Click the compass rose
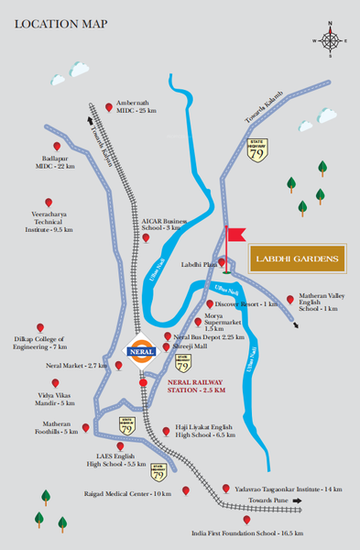pyautogui.click(x=330, y=39)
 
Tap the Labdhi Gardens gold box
pyautogui.click(x=297, y=259)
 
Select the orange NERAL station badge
pyautogui.click(x=136, y=350)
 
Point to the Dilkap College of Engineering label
pyautogui.click(x=39, y=343)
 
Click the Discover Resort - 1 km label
pyautogui.click(x=245, y=303)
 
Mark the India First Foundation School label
pyautogui.click(x=245, y=533)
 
